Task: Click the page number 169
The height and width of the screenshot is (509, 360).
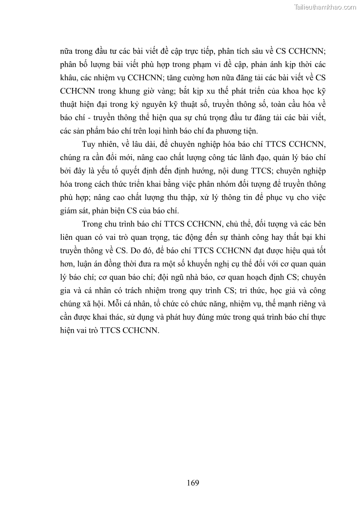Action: (193, 482)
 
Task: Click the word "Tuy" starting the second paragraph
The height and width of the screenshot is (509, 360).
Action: (89, 145)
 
